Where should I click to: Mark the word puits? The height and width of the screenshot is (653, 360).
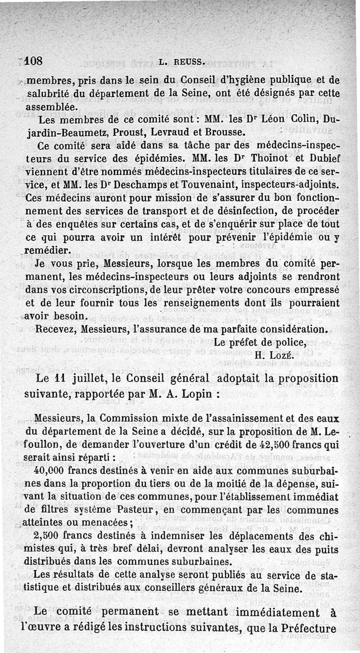pyautogui.click(x=325, y=549)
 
